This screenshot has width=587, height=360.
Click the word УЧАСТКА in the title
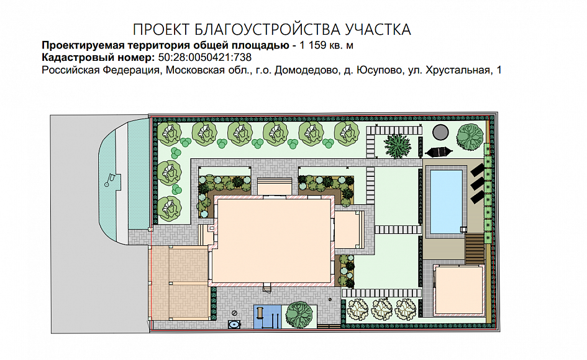point(378,30)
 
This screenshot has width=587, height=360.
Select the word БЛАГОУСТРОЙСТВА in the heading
point(268,30)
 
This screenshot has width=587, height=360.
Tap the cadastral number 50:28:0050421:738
point(205,57)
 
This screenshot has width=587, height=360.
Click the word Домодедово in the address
point(306,70)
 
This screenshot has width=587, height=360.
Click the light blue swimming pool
point(446,201)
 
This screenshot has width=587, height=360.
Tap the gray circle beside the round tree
point(440,132)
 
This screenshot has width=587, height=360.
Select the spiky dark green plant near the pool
point(398,145)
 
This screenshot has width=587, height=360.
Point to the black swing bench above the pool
point(439,152)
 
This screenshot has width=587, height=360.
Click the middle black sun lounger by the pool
point(477,184)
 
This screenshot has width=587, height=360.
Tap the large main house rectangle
point(273,241)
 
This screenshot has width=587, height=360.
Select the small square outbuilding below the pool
point(458,290)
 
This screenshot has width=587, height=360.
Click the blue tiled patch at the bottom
point(267,317)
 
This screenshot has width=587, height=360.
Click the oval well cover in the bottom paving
point(235,325)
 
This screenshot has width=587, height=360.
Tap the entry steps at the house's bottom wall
point(267,288)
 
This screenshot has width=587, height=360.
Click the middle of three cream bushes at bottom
point(381,310)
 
